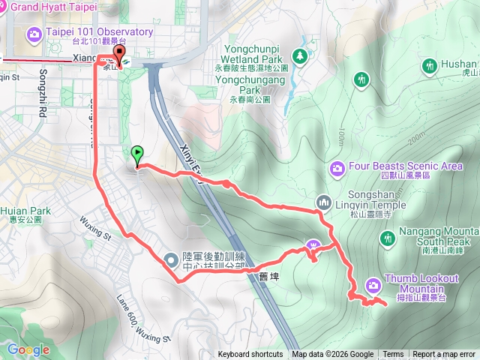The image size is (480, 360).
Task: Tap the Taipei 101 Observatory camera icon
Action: coord(34,34)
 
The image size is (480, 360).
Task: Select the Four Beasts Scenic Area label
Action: coord(406,166)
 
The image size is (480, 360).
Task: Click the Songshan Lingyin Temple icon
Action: coord(324,202)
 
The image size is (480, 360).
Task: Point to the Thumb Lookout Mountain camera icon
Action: coord(373,285)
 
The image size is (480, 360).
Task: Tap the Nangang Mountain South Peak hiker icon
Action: coord(388,238)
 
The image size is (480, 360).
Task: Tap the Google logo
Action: coord(28,349)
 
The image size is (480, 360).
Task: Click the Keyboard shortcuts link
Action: coord(250,355)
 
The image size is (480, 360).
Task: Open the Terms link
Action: coord(393,355)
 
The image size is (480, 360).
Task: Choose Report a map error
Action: coord(444,355)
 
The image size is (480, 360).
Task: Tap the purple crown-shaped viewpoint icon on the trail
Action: coord(313,245)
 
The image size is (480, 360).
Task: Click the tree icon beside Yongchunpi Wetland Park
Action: coord(300,55)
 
